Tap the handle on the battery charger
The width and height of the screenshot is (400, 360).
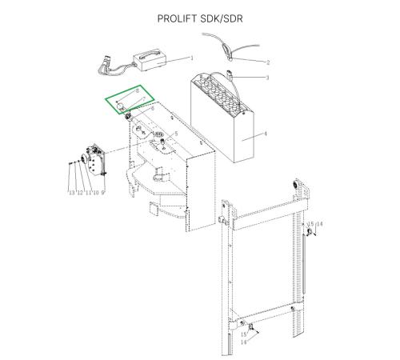tap(150, 53)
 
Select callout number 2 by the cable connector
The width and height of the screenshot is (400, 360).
tap(268, 62)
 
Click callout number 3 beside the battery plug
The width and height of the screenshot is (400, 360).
tap(267, 78)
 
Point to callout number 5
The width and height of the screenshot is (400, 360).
tap(176, 134)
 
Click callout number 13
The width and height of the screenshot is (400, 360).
tap(71, 193)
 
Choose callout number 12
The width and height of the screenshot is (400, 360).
tap(80, 193)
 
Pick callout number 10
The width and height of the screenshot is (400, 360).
tap(95, 193)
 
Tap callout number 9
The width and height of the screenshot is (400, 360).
tap(102, 193)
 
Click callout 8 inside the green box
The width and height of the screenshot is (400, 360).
tap(138, 91)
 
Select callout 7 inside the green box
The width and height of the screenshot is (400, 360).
tap(144, 99)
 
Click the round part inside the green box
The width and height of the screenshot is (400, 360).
tap(121, 106)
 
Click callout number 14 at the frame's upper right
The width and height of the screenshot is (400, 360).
tap(319, 224)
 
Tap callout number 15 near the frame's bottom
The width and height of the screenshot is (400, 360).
tap(244, 334)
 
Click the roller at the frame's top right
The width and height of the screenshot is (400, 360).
tap(295, 185)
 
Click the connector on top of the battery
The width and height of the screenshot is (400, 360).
tap(229, 75)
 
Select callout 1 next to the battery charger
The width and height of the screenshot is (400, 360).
tap(191, 58)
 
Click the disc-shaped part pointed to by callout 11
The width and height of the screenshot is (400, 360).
tap(83, 159)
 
